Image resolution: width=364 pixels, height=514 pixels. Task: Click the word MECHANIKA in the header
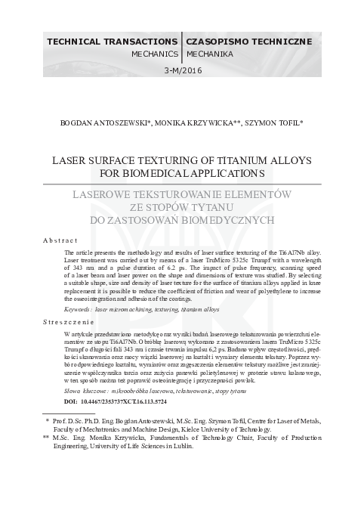tap(208, 54)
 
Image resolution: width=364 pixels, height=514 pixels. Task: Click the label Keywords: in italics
tap(82, 309)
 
